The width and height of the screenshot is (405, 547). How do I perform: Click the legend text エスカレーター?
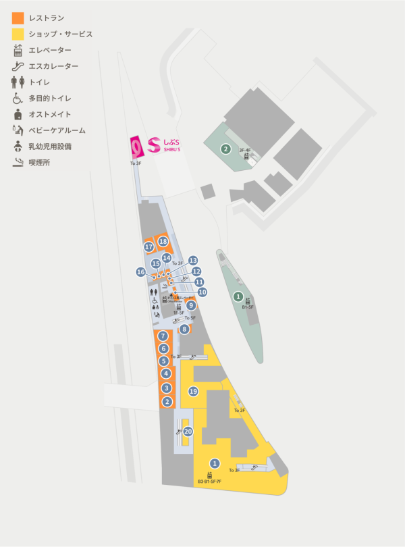point(53,66)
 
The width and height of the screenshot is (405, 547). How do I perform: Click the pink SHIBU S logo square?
point(137,146)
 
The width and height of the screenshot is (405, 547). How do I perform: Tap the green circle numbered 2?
point(226,149)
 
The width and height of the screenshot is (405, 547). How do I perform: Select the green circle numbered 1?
point(238,296)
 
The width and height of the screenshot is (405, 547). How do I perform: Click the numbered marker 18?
point(163,241)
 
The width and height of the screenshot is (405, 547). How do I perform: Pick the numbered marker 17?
point(148,247)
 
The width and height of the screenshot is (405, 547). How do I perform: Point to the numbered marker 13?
point(193,260)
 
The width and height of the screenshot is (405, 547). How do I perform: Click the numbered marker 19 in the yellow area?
point(193,391)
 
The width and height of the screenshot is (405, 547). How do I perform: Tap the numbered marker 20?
point(188,431)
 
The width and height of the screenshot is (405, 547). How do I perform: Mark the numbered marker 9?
point(191,306)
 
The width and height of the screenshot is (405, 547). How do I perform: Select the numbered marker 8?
point(184,330)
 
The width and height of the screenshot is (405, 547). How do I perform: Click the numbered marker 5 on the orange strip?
point(163,361)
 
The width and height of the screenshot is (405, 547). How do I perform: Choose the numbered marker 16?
point(140,271)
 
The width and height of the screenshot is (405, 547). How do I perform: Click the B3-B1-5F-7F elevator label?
point(209,481)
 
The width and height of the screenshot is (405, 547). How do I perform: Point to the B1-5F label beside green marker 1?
point(248,307)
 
